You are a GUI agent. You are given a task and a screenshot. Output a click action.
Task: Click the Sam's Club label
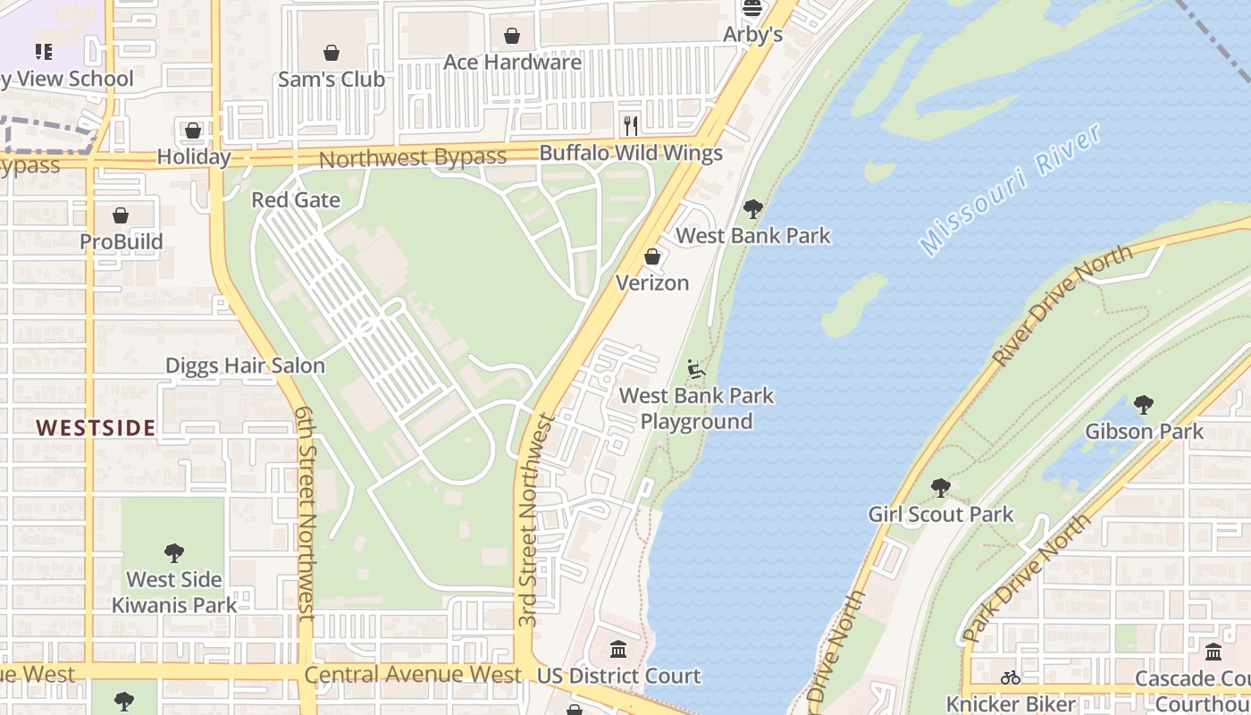click(x=331, y=80)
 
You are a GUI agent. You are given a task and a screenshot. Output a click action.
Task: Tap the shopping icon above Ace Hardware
click(x=512, y=36)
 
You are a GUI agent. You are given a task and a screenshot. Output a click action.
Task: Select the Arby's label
click(x=752, y=35)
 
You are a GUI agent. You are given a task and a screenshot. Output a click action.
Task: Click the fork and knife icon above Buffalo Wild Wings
click(x=631, y=125)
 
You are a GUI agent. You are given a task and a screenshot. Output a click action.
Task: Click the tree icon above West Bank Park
click(x=753, y=209)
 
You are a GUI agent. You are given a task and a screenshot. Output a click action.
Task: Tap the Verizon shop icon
click(x=652, y=257)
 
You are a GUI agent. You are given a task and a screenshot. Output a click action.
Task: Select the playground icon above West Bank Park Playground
click(x=696, y=369)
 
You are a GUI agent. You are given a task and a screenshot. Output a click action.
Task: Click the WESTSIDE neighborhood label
click(x=97, y=428)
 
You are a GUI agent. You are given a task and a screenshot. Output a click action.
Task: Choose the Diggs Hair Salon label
click(x=245, y=366)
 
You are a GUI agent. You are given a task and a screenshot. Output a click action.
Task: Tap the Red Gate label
click(x=296, y=200)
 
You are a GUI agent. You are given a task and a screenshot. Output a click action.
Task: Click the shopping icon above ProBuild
click(x=121, y=215)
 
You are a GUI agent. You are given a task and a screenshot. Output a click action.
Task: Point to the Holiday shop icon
click(x=193, y=130)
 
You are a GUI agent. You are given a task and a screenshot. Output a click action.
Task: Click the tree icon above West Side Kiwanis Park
click(x=174, y=553)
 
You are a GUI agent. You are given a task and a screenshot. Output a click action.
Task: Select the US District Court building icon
click(x=618, y=649)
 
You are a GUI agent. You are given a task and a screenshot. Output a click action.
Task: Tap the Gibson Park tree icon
click(x=1144, y=405)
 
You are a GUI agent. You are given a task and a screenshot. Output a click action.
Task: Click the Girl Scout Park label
click(x=941, y=515)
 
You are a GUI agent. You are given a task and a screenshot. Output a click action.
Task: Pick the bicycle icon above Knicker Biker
click(x=1011, y=677)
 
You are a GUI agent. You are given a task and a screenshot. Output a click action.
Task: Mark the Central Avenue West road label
click(x=413, y=675)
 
